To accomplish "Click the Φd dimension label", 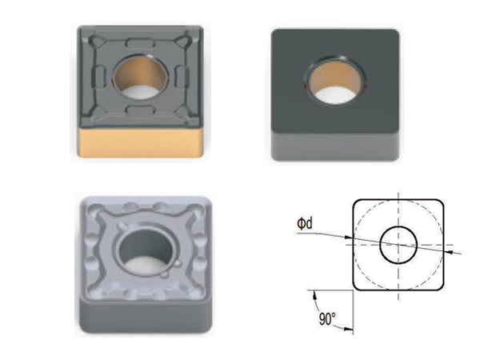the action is pyautogui.click(x=305, y=223).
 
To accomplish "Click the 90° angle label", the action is pyautogui.click(x=326, y=318).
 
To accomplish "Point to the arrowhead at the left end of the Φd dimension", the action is pyautogui.click(x=348, y=238).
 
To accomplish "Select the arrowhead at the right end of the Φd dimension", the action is pyautogui.click(x=448, y=251).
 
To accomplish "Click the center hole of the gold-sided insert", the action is pyautogui.click(x=140, y=77).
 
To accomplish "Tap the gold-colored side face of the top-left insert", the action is pyautogui.click(x=140, y=142).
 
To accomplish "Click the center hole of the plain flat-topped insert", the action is pyautogui.click(x=336, y=81).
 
